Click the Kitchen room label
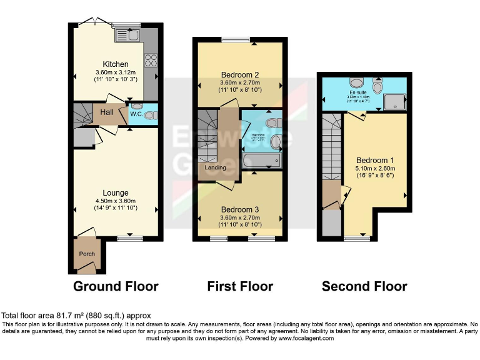pos(116,64)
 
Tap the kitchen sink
pos(131,36)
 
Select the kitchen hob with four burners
pos(151,61)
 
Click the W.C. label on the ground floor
pos(136,114)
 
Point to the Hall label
pos(106,112)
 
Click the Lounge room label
pos(116,192)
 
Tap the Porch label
pos(86,254)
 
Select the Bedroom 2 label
pos(240,75)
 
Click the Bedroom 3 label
pos(240,209)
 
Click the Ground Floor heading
pos(116,287)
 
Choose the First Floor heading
pos(240,287)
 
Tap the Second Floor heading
pos(364,287)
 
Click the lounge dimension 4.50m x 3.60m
pos(116,200)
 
